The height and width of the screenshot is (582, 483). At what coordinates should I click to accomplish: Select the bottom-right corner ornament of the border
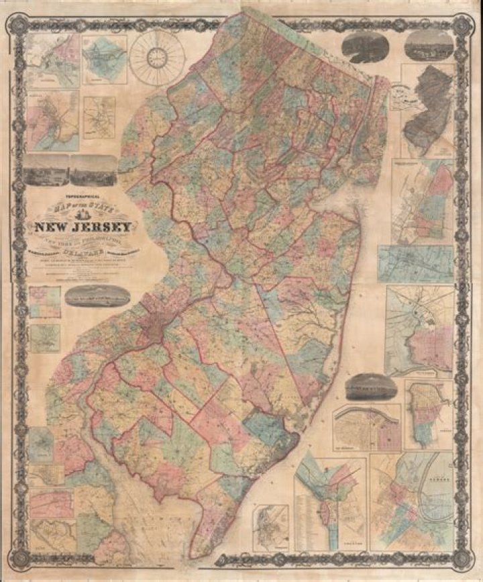coord(461,561)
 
